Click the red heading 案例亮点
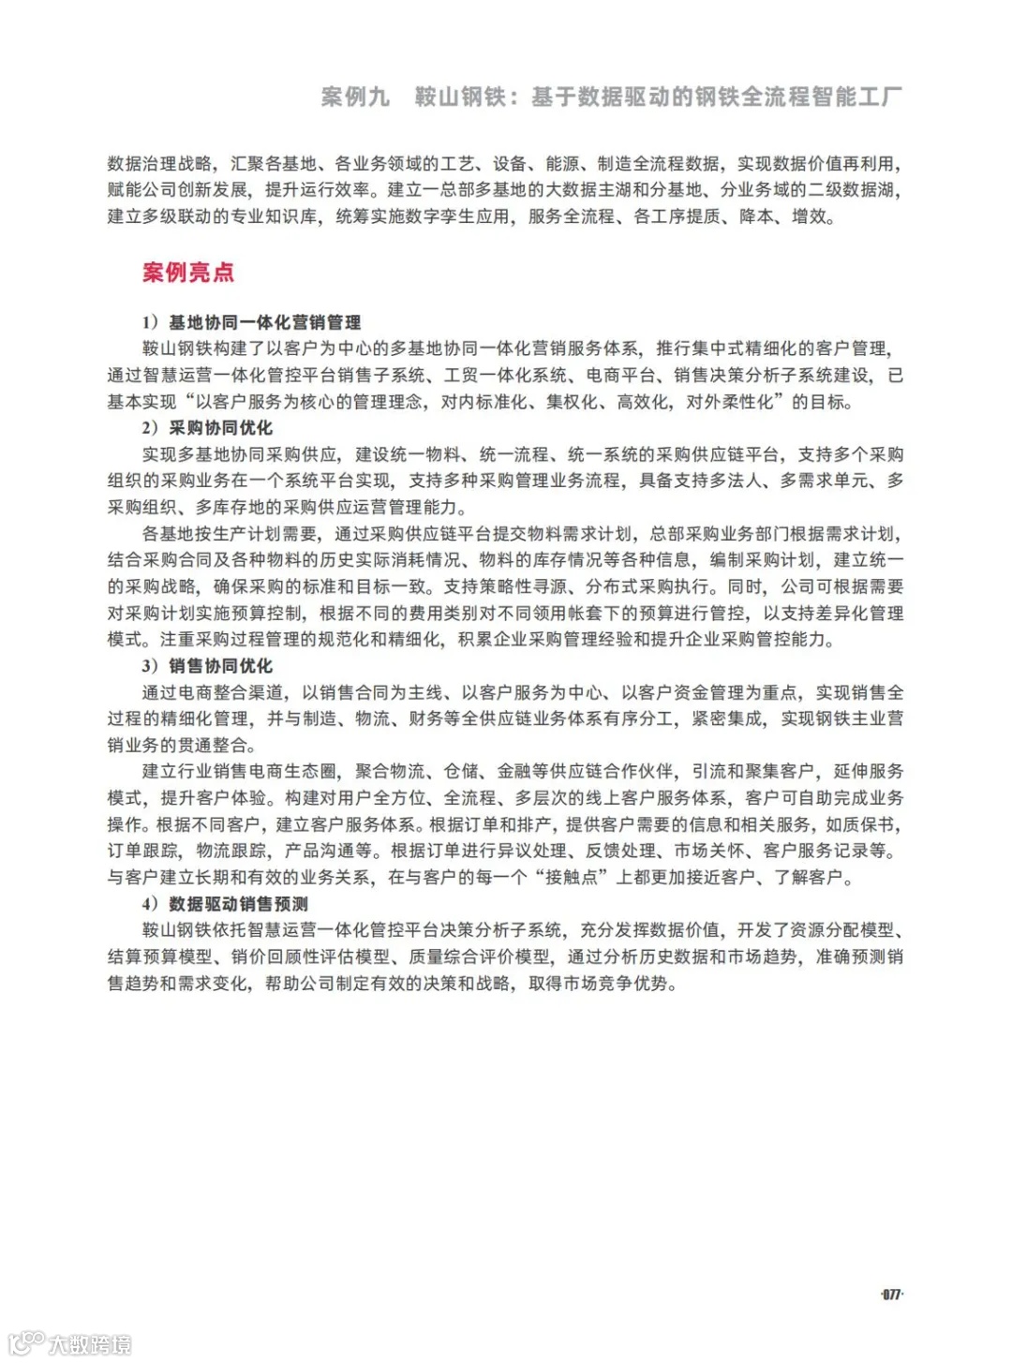[x=188, y=273]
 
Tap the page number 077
[x=891, y=1295]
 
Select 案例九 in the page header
[x=355, y=96]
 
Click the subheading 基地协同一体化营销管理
[x=264, y=322]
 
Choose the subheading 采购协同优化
[x=220, y=428]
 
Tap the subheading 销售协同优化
[x=220, y=666]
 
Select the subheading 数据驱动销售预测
[x=238, y=904]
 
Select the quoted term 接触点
[x=578, y=878]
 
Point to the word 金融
[x=513, y=772]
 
